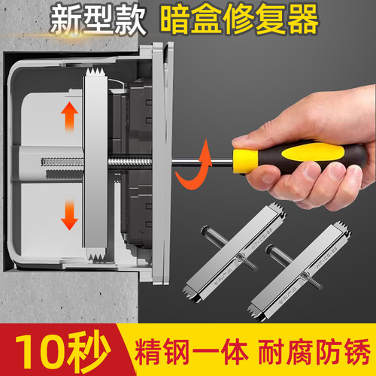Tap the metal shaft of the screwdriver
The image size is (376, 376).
[x=218, y=159]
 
